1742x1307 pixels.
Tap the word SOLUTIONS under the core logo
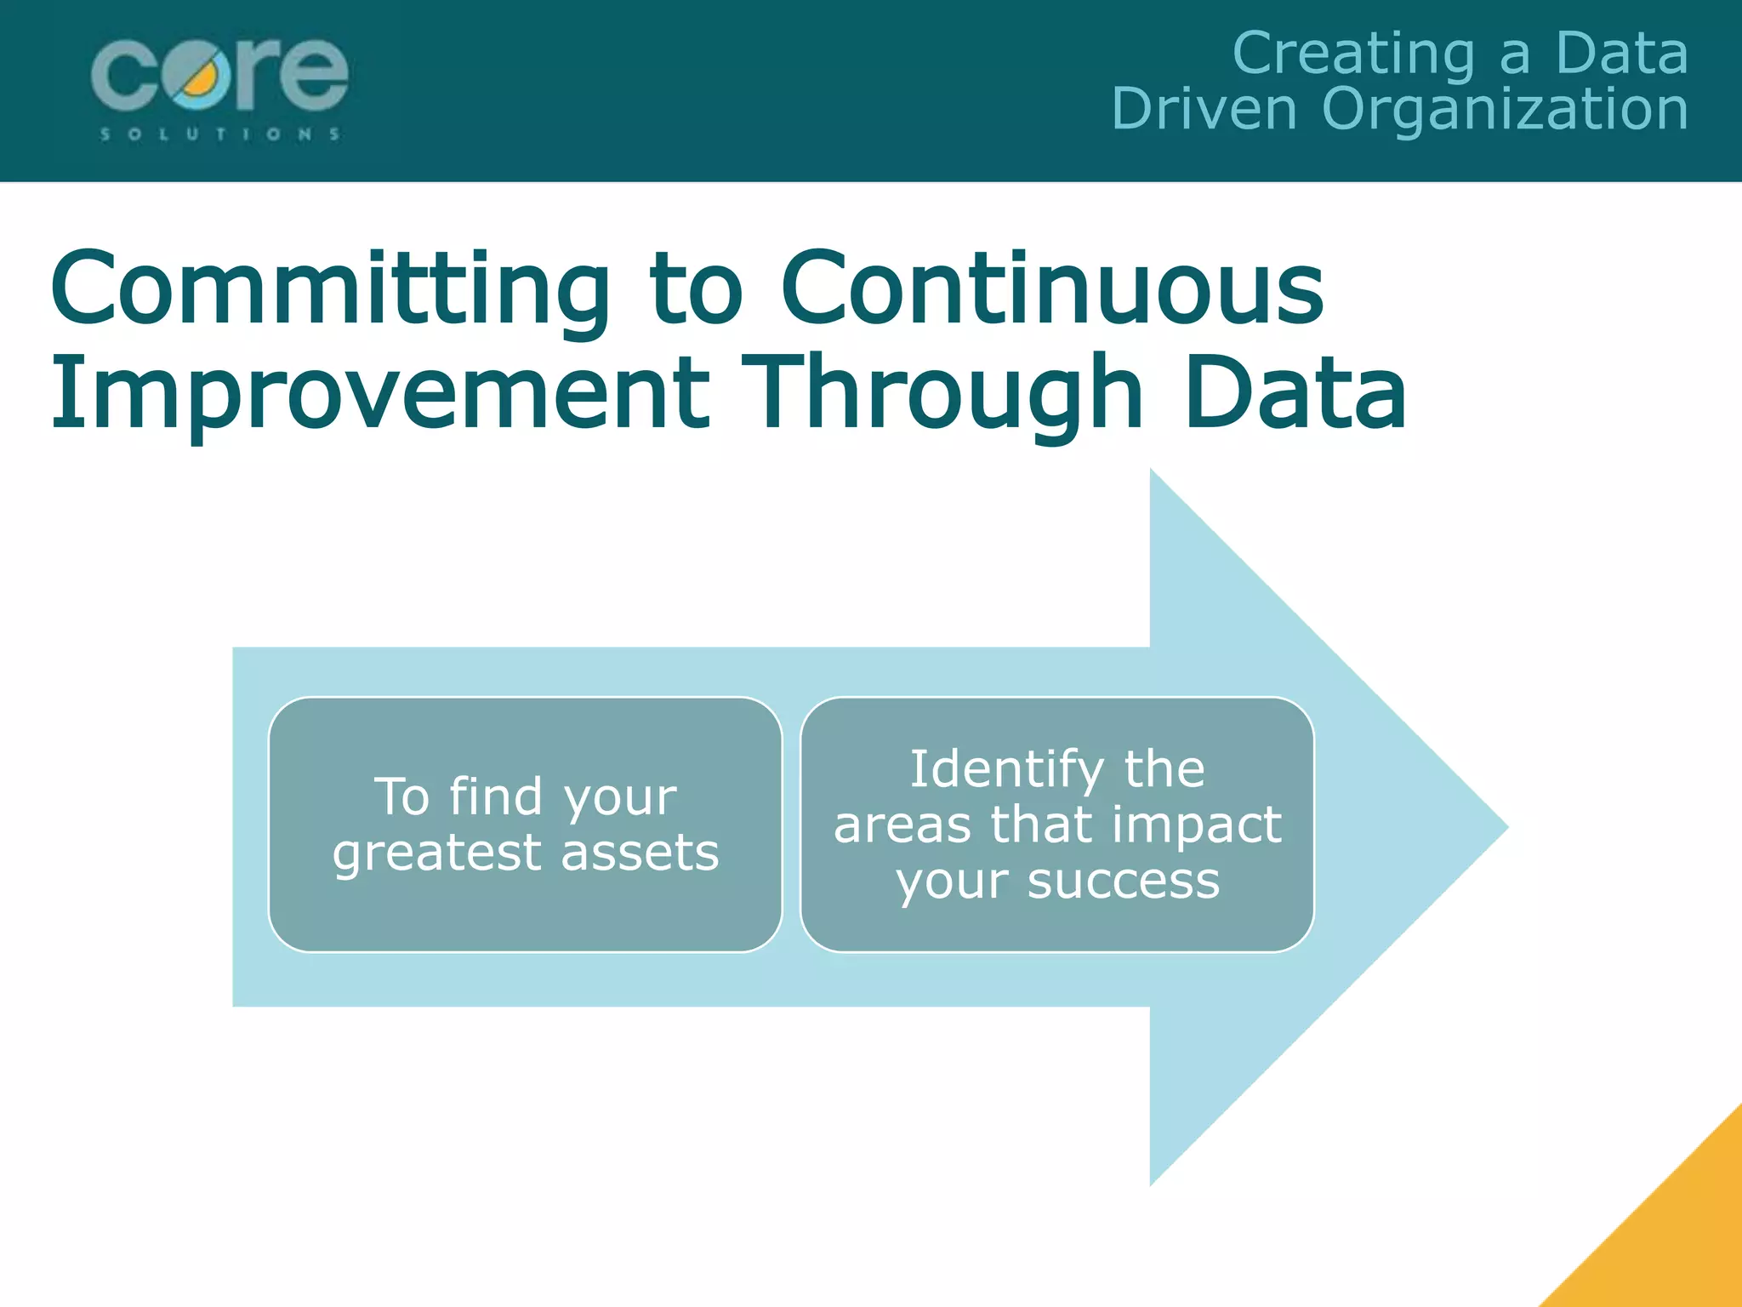[x=220, y=134]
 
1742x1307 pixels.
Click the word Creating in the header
[x=1353, y=54]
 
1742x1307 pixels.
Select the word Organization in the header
[x=1505, y=111]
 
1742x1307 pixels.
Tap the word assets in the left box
[x=640, y=853]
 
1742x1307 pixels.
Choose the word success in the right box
[x=1124, y=882]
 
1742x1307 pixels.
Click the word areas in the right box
[x=902, y=825]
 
